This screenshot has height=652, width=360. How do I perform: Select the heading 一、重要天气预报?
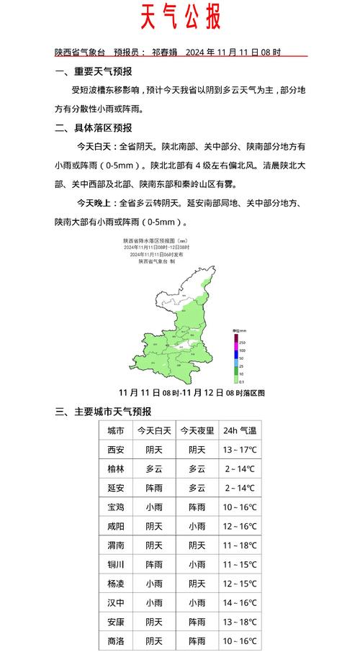pos(94,71)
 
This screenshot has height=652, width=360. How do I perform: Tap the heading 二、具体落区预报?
pos(94,128)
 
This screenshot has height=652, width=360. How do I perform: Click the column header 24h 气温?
pos(240,431)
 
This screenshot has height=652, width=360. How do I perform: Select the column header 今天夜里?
pos(197,431)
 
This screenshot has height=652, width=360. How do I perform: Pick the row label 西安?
pos(115,450)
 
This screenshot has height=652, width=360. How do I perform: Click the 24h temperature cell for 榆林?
pos(240,469)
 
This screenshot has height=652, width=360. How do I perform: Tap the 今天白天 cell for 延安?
pos(153,489)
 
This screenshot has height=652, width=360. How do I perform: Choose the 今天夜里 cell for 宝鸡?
pos(197,507)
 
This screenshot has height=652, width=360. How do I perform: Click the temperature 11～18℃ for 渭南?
pos(240,546)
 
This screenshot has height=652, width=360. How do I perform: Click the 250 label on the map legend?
pos(243,342)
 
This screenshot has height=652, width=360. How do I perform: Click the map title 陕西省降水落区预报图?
pos(156,242)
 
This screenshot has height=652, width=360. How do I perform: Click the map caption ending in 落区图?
pos(192,393)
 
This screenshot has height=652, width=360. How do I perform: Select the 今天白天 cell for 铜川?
pos(153,565)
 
